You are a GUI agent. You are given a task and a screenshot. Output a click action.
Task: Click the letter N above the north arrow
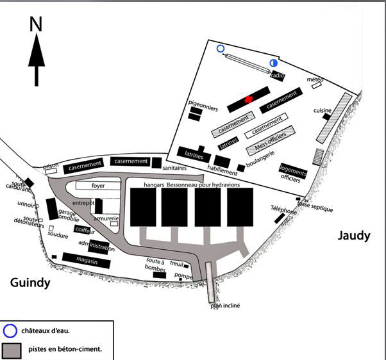pyautogui.click(x=36, y=24)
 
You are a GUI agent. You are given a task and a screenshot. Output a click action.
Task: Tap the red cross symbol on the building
pyautogui.click(x=248, y=100)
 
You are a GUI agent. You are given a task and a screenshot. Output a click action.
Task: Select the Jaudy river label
pyautogui.click(x=354, y=236)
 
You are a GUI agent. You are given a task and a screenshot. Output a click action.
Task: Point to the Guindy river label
pyautogui.click(x=30, y=282)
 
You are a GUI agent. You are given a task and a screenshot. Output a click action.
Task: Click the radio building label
pyautogui.click(x=278, y=76)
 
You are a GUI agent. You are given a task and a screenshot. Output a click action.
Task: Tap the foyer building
pyautogui.click(x=98, y=186)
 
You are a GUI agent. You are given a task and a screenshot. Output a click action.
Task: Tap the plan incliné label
pyautogui.click(x=224, y=306)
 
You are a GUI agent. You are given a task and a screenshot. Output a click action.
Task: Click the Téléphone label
pyautogui.click(x=283, y=209)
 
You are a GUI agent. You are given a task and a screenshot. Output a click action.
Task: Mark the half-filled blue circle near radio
pyautogui.click(x=273, y=63)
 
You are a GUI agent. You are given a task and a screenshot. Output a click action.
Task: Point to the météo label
pyautogui.click(x=315, y=79)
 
